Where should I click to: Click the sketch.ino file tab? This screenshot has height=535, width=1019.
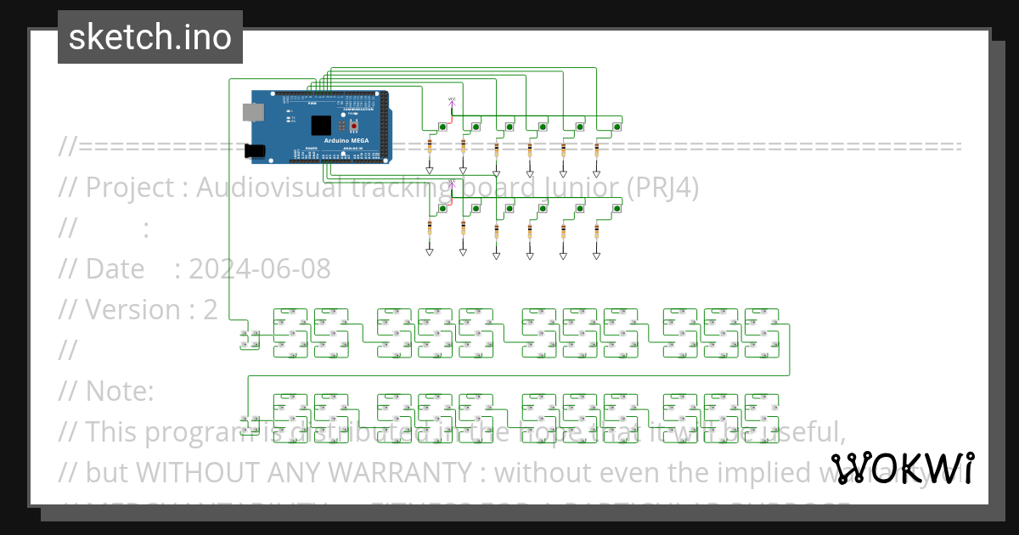tap(149, 37)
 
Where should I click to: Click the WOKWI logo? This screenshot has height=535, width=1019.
tap(902, 469)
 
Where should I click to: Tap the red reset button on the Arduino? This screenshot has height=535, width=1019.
tap(354, 125)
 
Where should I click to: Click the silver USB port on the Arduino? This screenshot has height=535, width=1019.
tap(252, 111)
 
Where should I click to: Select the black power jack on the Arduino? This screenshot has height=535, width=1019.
tap(255, 152)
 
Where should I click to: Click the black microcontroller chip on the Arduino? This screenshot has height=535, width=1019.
tap(320, 126)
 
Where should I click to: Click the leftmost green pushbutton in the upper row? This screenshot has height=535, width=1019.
tap(443, 127)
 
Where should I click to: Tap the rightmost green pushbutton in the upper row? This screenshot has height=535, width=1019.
tap(616, 127)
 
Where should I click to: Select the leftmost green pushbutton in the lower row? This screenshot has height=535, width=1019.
tap(443, 208)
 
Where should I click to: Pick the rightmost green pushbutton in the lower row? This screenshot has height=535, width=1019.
tap(616, 208)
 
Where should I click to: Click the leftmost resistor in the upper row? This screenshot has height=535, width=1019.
tap(430, 148)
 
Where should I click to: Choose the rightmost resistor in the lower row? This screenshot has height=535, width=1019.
tap(596, 231)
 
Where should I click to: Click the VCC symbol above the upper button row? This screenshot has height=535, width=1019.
tap(452, 102)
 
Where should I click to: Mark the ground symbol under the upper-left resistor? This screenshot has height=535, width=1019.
tap(430, 171)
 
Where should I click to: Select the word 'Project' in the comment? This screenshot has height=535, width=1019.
tap(129, 188)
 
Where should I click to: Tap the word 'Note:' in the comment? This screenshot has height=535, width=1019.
tap(119, 391)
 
